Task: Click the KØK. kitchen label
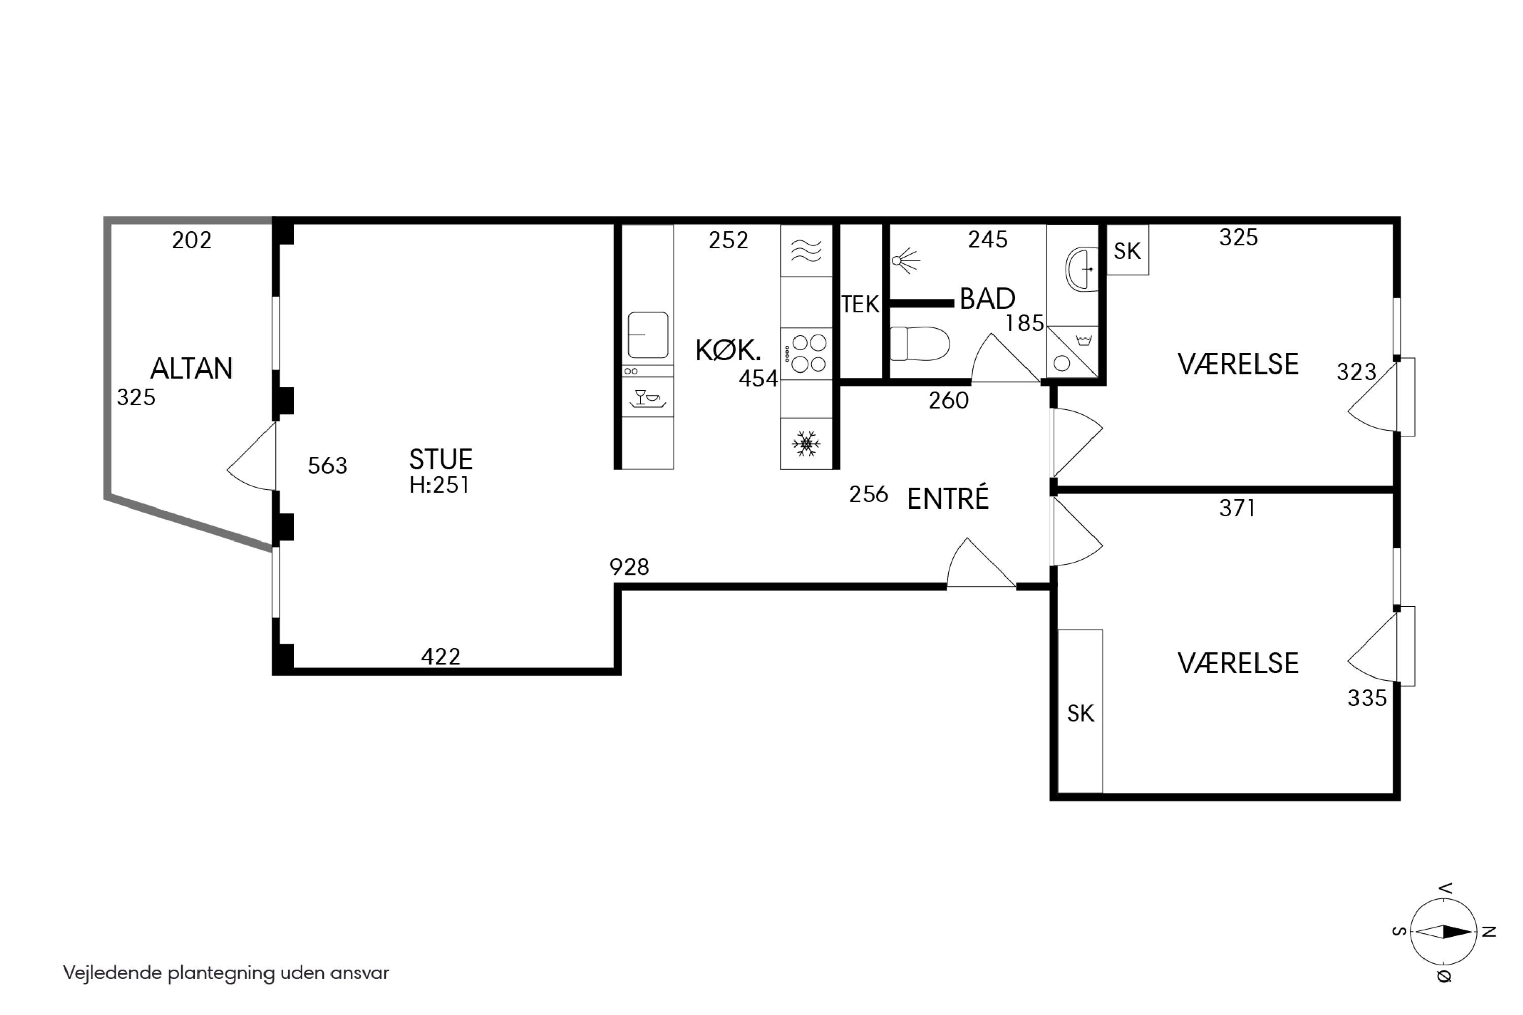point(728,350)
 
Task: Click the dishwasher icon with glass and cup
point(648,397)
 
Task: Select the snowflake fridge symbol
point(806,444)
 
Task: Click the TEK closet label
point(860,304)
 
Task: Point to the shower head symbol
point(905,261)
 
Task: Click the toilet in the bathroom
point(919,343)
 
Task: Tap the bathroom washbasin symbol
point(1081,268)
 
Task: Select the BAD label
point(987,298)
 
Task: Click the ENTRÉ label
point(948,498)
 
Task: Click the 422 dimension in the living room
point(441,657)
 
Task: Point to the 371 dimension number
point(1238,508)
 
